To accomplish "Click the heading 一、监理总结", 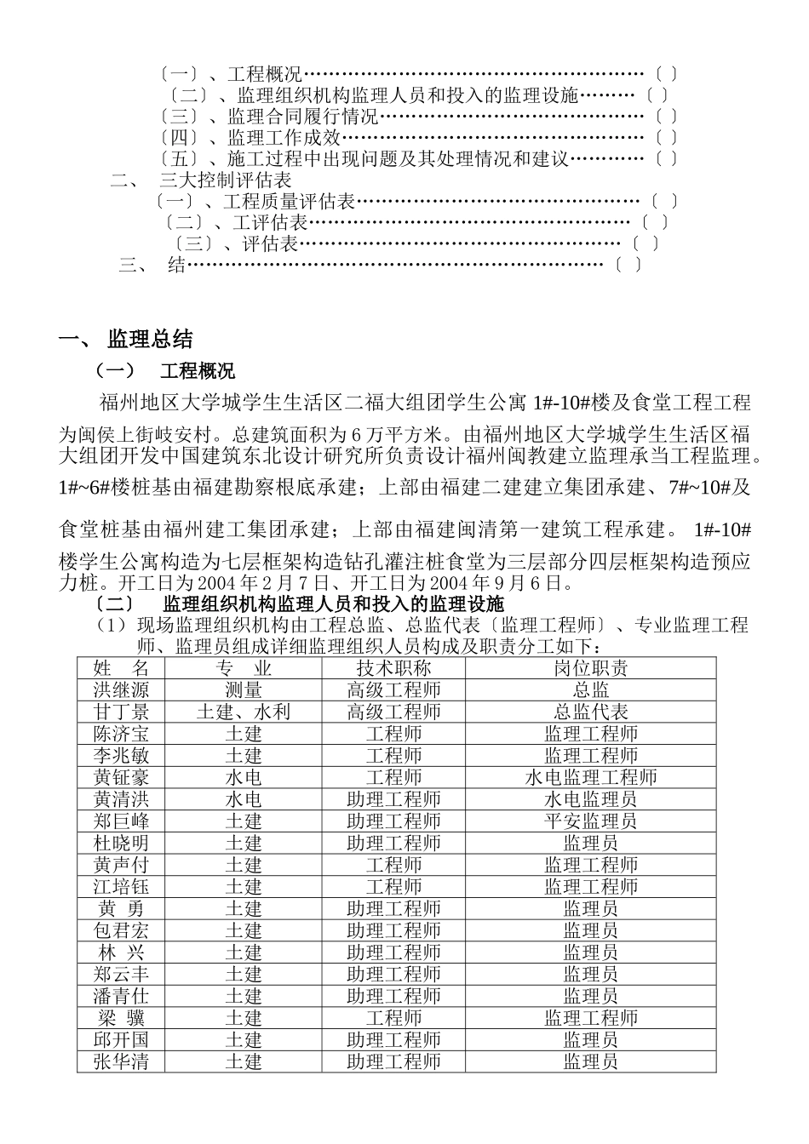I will pos(126,340).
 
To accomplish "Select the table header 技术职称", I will pos(393,667).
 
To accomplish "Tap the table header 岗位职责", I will pos(590,667).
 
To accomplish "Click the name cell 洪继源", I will pos(120,689).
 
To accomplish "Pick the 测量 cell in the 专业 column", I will pos(243,689).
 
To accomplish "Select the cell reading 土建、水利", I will pos(243,712).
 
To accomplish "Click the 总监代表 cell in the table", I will pos(590,712).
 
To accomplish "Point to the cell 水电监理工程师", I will pos(590,777).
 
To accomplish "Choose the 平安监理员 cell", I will pos(590,821).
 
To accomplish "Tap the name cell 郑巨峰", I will pos(120,821).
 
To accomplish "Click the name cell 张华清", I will pos(120,1061).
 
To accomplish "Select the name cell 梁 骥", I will pos(120,1018).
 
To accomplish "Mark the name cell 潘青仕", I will pos(120,996).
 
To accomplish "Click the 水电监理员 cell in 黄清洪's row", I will pos(590,799).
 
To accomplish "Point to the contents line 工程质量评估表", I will pos(289,202).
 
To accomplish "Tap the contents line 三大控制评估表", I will pos(226,180).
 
